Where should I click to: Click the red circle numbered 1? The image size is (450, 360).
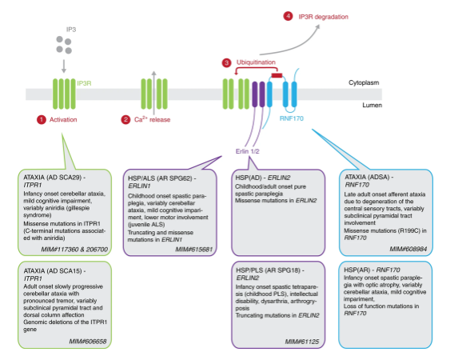click(42, 119)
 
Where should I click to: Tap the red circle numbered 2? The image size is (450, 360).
click(125, 119)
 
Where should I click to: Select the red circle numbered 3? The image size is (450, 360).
click(226, 62)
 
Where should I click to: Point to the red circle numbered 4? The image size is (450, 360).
click(288, 16)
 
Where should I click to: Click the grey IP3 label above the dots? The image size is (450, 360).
click(71, 30)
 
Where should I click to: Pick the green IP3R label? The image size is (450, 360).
click(84, 83)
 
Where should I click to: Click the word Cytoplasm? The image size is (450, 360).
click(364, 82)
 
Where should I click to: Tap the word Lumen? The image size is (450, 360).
click(372, 105)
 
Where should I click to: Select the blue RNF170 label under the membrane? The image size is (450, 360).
click(291, 118)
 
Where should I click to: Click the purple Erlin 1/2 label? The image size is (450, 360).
click(248, 151)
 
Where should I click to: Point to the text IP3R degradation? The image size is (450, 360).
click(323, 17)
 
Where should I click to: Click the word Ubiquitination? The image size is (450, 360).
click(256, 62)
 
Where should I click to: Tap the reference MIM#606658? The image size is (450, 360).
click(88, 342)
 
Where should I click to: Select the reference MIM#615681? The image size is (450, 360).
click(193, 250)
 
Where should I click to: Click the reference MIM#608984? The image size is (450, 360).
click(408, 249)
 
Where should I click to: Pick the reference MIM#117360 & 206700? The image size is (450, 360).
click(74, 250)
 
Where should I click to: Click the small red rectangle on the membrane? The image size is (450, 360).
click(277, 75)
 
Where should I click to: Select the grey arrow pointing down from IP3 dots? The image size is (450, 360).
click(64, 66)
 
